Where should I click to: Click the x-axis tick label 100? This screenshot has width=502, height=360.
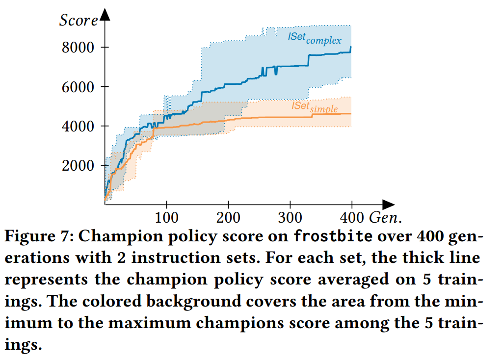(x=167, y=216)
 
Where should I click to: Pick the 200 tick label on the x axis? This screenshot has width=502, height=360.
(x=229, y=216)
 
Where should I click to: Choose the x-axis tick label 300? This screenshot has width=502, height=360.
(x=291, y=216)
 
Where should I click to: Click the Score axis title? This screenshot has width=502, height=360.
(x=79, y=21)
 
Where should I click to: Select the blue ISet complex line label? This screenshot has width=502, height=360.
(x=314, y=38)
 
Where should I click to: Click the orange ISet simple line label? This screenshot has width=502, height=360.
(x=315, y=107)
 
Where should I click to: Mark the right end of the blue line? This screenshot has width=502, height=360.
(x=351, y=48)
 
